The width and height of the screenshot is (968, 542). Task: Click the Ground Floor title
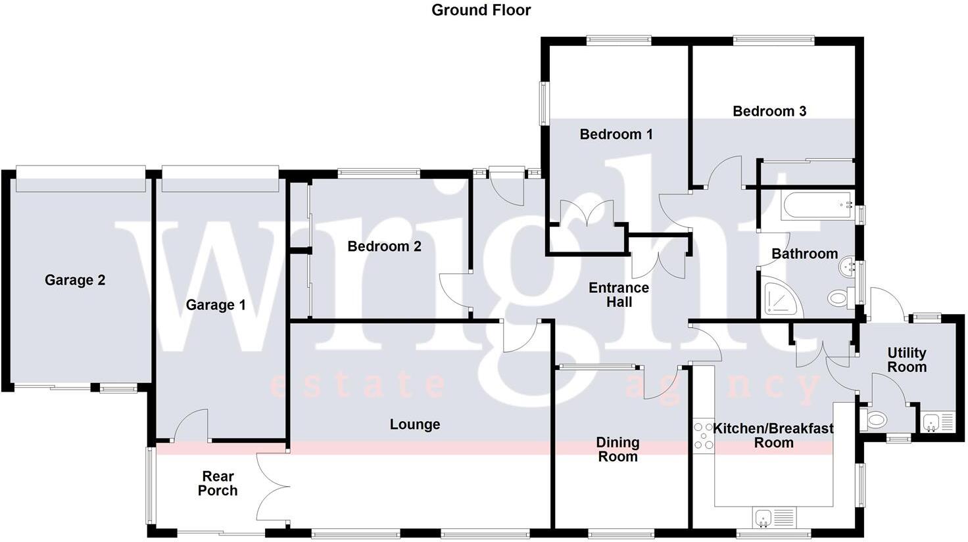[x=481, y=10]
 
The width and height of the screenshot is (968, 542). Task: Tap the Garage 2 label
[x=75, y=281]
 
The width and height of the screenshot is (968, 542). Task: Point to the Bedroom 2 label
[x=384, y=246]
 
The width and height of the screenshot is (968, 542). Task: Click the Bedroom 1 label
[x=616, y=135]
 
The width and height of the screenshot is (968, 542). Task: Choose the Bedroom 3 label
[x=769, y=111]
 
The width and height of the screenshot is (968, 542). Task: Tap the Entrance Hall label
[x=618, y=295]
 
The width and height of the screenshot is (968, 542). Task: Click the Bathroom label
[x=804, y=254]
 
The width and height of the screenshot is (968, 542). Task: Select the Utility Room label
[x=907, y=360]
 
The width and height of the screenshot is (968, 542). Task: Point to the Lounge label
[x=414, y=424]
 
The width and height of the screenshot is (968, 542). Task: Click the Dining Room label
[x=617, y=450]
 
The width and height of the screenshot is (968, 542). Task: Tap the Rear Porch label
[x=218, y=484]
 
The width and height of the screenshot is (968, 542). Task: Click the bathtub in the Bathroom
[x=816, y=205]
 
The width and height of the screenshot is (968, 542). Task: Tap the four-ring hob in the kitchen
[x=704, y=436]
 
